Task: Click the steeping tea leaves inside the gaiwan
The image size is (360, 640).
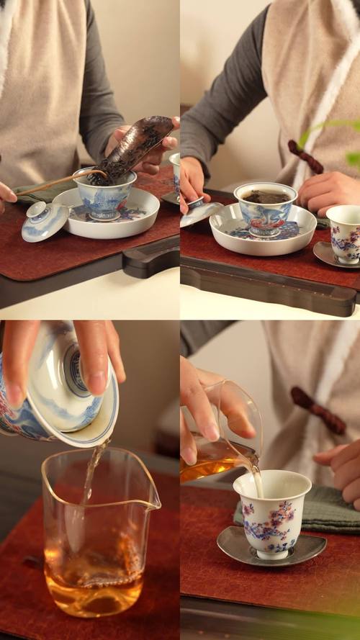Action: coord(265,197)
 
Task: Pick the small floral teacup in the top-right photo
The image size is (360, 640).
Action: coord(344,233)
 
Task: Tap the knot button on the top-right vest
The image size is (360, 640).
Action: coord(306,157)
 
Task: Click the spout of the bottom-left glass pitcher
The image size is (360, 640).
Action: coord(153,503)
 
